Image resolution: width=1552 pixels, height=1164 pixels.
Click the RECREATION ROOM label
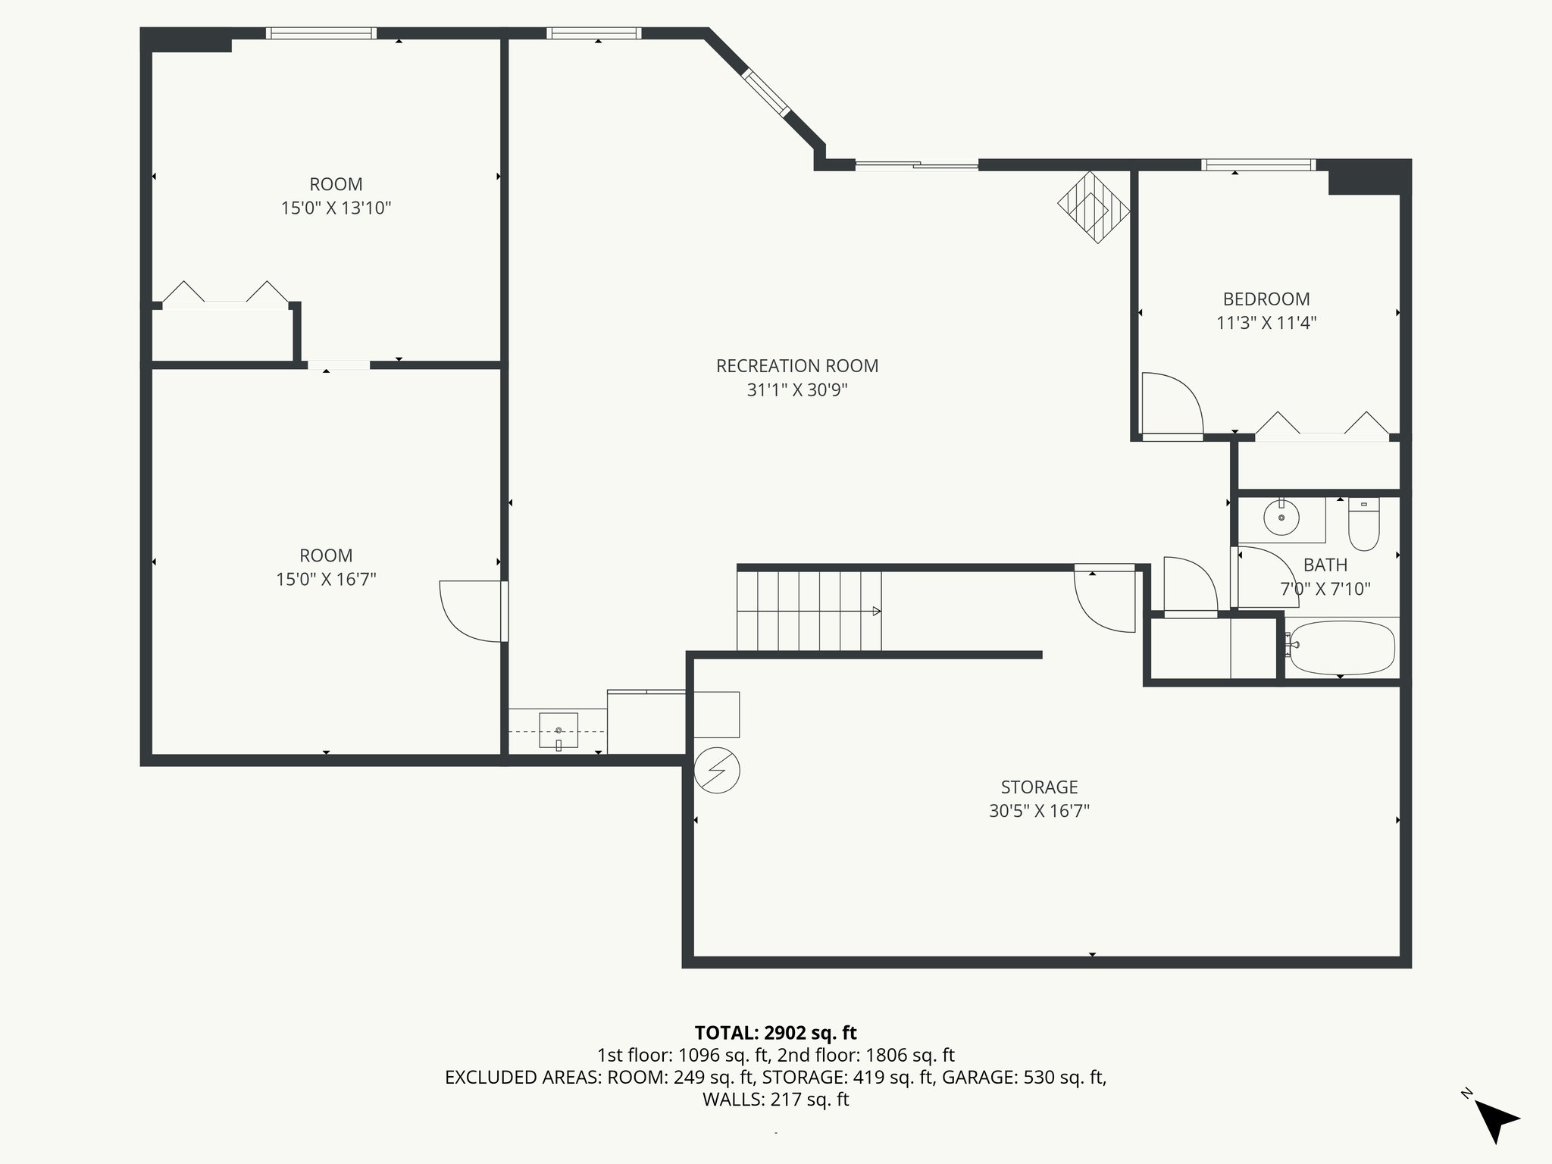click(x=797, y=366)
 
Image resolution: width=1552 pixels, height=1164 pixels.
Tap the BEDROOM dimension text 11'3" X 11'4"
click(x=1266, y=323)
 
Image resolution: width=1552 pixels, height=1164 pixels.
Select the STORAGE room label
click(x=1039, y=787)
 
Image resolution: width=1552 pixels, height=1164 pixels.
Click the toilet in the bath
click(x=1364, y=525)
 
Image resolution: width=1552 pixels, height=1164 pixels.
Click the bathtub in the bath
click(x=1342, y=648)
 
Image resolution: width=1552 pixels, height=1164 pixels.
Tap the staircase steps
click(x=809, y=611)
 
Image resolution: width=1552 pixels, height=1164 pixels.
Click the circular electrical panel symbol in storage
click(x=717, y=771)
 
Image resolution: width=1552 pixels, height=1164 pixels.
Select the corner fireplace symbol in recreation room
click(x=1094, y=207)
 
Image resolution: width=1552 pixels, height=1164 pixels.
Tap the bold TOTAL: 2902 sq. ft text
click(x=775, y=1033)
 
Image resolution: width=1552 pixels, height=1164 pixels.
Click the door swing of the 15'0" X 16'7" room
click(x=471, y=611)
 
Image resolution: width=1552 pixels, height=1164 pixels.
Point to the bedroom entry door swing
click(x=1172, y=405)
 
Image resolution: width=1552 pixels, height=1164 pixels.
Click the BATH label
click(x=1325, y=565)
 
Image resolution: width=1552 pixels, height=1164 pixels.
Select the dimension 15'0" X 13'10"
click(x=336, y=208)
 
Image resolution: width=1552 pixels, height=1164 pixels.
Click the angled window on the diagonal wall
click(x=765, y=92)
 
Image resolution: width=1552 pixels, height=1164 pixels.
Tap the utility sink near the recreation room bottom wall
click(x=559, y=731)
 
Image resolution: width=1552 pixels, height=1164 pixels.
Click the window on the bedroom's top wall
click(x=1258, y=164)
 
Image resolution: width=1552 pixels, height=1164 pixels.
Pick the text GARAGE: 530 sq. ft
click(x=1024, y=1078)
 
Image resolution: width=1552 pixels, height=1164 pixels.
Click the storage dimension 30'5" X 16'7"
click(x=1039, y=811)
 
